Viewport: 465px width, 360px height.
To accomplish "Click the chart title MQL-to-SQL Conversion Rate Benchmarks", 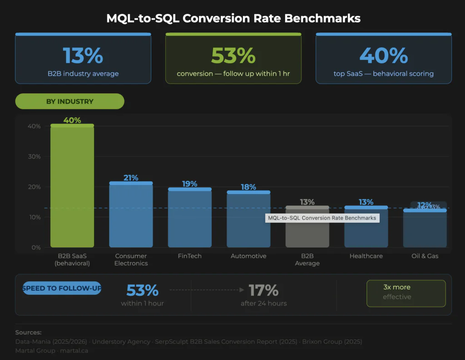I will [x=233, y=19].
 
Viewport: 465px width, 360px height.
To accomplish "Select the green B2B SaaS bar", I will [x=72, y=186].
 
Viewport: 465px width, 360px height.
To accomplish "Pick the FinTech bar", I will [x=189, y=218].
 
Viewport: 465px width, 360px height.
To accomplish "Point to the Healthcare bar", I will [x=366, y=227].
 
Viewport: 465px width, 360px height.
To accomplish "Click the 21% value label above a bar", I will [x=131, y=178].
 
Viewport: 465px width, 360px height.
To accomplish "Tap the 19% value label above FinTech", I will [x=189, y=184].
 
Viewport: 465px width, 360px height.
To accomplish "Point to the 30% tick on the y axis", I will [x=35, y=156].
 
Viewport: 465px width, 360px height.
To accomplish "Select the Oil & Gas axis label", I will [x=425, y=256].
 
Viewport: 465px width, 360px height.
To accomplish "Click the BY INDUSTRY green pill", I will [x=69, y=101].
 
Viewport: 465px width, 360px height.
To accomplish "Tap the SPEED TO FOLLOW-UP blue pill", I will [x=62, y=288].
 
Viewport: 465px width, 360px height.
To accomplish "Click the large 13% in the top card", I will [x=83, y=55].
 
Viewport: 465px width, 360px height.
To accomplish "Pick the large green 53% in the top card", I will [x=233, y=55].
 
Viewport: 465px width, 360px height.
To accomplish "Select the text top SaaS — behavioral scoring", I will [x=383, y=74].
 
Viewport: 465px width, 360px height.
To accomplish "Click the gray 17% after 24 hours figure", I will [x=263, y=290].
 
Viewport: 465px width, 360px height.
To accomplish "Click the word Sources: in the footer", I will [x=28, y=332].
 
